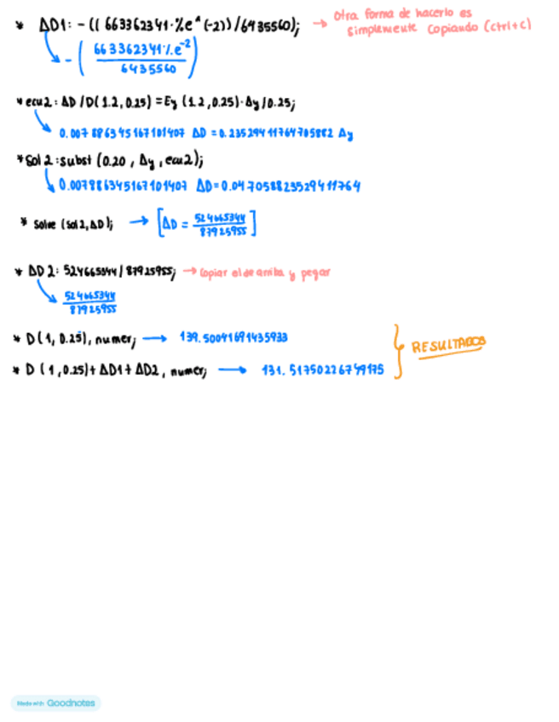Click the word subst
tap(76, 158)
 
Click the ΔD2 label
tap(41, 272)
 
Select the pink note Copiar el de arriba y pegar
tap(265, 273)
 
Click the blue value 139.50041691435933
tap(233, 338)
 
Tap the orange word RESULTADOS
tap(448, 345)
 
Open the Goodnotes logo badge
tap(56, 703)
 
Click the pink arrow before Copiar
tap(188, 272)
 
